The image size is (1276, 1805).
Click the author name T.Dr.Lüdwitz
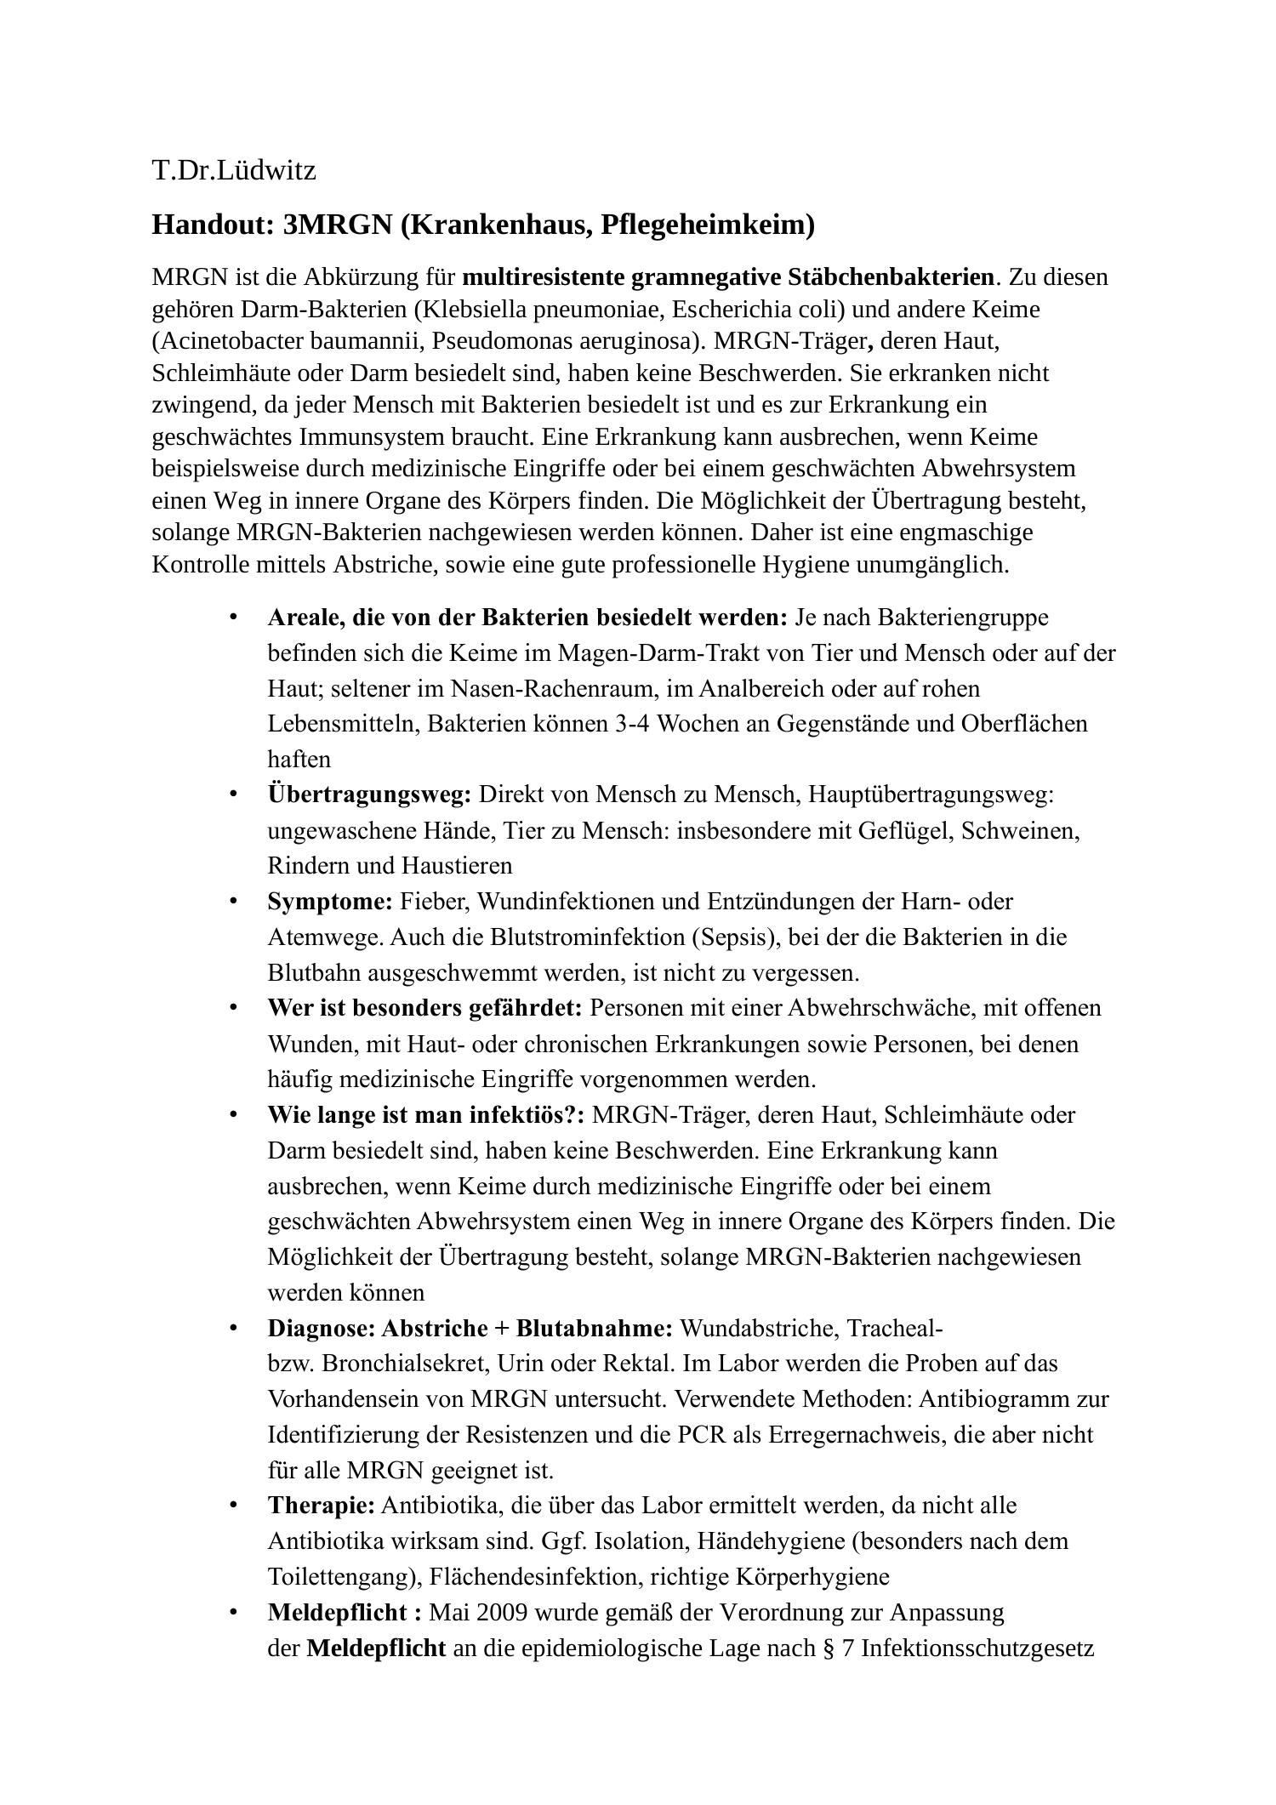coord(234,171)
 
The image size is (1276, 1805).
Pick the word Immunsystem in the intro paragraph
coord(372,437)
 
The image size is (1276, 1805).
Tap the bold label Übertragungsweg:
coord(369,794)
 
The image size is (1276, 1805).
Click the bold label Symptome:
coord(330,901)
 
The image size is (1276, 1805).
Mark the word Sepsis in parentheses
coord(737,937)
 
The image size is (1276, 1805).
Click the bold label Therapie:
coord(321,1506)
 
